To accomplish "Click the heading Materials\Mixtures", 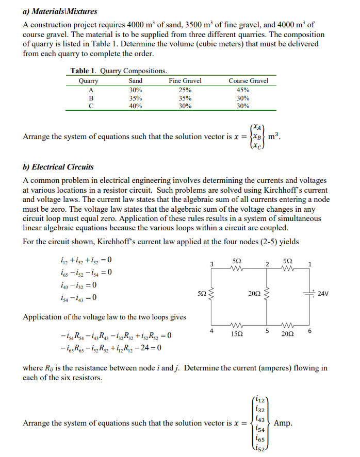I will [60, 11].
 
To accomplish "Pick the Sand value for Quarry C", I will [136, 106].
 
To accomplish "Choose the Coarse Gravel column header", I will [248, 81].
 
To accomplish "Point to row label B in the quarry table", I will [91, 98].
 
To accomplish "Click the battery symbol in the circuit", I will [311, 294].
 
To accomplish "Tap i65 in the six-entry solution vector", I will [260, 440].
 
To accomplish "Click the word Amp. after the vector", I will [283, 423].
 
